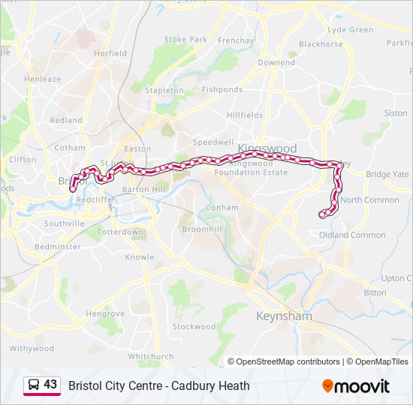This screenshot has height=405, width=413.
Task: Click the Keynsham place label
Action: [284, 316]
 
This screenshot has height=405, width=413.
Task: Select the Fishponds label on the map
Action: [222, 90]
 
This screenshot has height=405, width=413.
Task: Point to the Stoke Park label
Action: [185, 39]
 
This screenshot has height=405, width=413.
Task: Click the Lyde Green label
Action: [351, 30]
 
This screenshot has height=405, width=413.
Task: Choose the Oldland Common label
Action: [352, 235]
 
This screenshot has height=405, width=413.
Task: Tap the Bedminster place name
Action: [58, 246]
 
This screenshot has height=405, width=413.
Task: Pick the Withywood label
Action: [32, 348]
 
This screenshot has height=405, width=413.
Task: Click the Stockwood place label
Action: [194, 326]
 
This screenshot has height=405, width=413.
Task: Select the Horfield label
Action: [110, 54]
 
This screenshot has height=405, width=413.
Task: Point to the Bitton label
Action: [375, 292]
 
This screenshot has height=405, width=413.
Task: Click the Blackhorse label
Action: [321, 44]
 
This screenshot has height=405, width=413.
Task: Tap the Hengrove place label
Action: [105, 313]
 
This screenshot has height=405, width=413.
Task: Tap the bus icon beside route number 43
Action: [34, 385]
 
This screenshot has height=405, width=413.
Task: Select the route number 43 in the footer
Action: [50, 385]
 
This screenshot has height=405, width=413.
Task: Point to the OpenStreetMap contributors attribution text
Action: [284, 361]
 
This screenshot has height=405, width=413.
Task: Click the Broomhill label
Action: [201, 228]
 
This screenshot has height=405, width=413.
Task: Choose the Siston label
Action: [396, 113]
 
